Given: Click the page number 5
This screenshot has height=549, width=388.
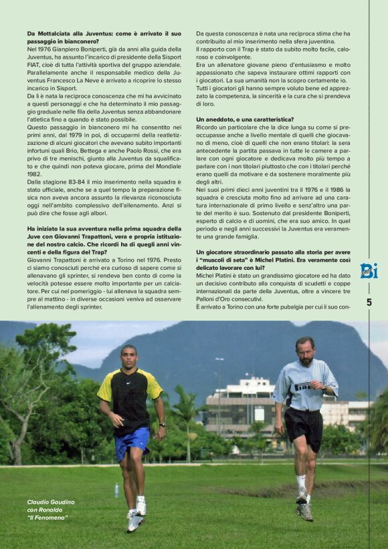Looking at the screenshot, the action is coord(369,302).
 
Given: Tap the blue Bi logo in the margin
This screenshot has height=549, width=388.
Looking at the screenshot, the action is coord(369,270).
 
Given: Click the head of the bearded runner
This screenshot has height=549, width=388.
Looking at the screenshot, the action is coord(304,350).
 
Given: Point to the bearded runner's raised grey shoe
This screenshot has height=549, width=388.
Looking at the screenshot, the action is coord(304,510).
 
